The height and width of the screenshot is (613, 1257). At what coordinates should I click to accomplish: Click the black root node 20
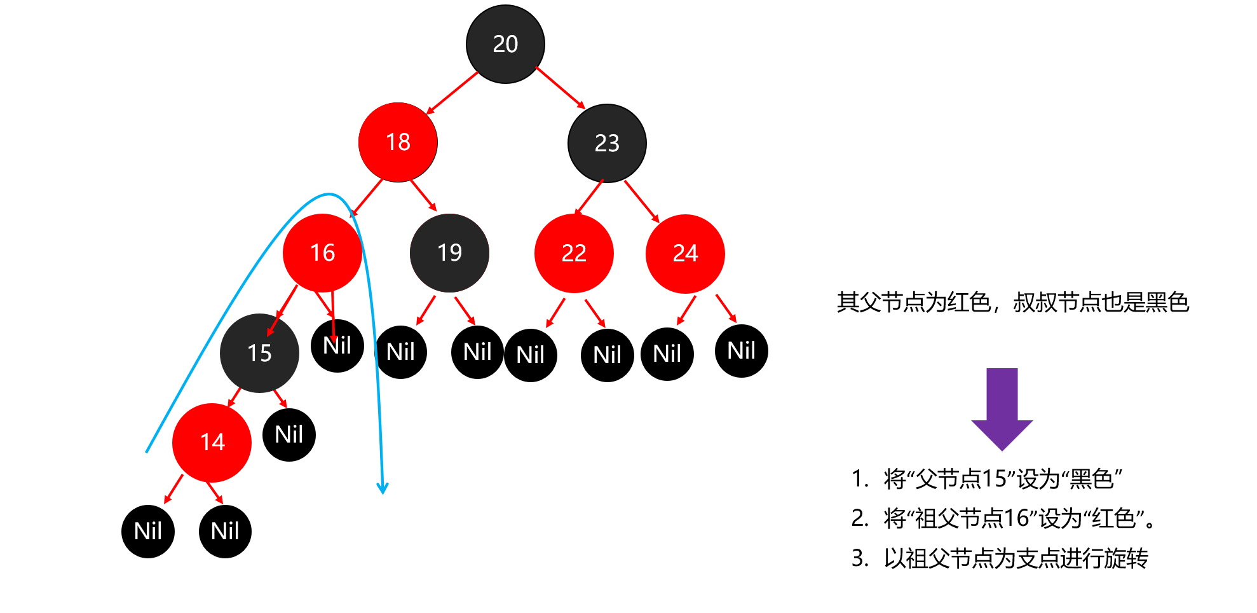point(505,44)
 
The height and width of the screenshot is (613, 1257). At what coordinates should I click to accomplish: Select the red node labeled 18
point(398,142)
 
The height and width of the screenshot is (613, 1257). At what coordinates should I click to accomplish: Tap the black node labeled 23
point(607,143)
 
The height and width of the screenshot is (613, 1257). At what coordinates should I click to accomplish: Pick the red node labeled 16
point(322,253)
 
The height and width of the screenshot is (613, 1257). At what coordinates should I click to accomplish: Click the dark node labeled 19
point(449,253)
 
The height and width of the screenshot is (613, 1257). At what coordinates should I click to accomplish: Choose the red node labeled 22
point(574,254)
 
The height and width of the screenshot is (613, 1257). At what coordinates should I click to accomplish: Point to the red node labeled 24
point(685,254)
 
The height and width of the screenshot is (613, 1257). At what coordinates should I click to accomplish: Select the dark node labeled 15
point(259,353)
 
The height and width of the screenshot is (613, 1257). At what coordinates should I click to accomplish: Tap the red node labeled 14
point(212,443)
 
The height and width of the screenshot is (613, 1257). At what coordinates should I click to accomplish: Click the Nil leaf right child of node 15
point(289,435)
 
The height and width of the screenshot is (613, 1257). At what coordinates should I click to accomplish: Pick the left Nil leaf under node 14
point(148,532)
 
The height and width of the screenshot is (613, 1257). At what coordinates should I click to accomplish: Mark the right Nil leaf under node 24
point(742,350)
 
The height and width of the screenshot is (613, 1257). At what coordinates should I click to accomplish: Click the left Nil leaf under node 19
point(400,352)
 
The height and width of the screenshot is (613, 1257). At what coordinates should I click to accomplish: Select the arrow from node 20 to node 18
point(452,93)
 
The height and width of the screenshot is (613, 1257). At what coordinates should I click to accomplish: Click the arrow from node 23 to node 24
point(642,202)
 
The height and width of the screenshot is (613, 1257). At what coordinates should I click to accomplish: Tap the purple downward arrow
point(1002,410)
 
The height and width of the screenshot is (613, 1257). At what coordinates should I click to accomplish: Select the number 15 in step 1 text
point(995,479)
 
